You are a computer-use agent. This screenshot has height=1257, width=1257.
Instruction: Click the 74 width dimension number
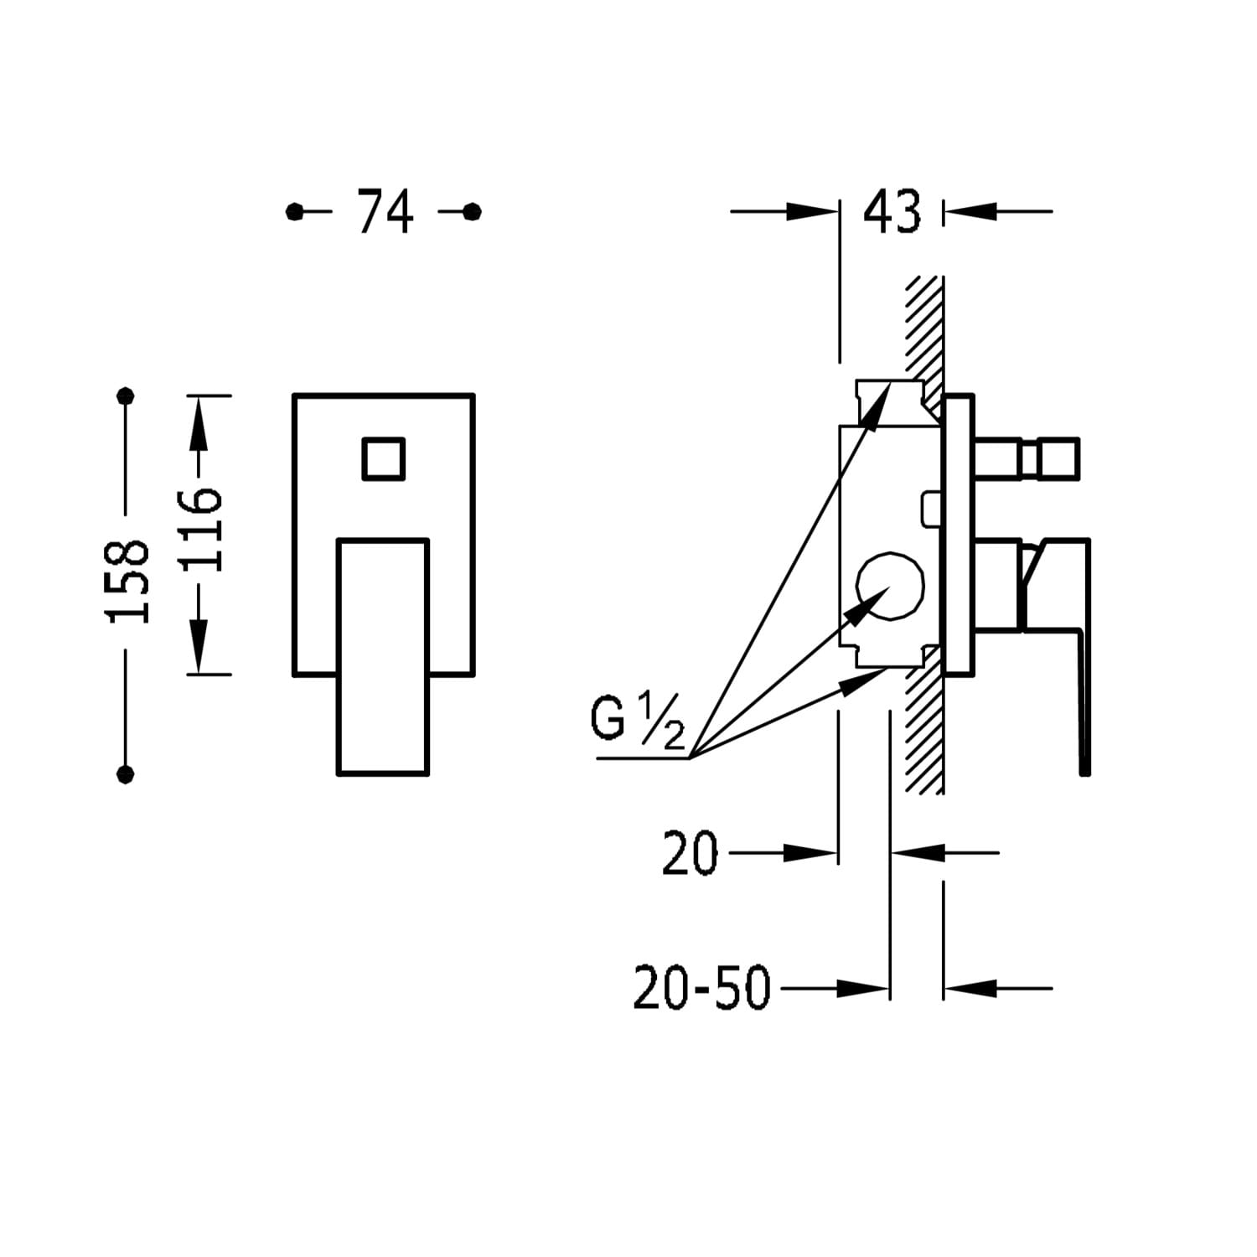click(385, 211)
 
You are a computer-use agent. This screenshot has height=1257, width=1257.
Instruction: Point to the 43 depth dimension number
click(892, 211)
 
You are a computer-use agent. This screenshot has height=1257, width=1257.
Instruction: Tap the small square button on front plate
click(384, 459)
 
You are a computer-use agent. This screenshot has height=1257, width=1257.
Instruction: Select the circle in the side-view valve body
click(890, 587)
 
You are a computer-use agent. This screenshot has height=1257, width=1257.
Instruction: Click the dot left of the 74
click(294, 212)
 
